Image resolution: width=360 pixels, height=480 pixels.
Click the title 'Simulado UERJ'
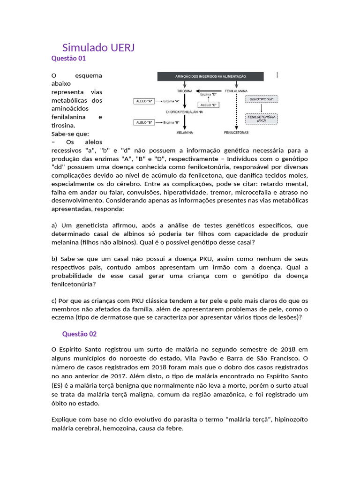coord(98,48)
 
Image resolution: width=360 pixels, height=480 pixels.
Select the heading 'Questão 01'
coord(68,59)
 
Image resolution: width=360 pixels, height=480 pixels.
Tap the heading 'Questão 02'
coord(79,334)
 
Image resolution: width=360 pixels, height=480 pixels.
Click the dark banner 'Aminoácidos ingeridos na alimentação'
coord(210,76)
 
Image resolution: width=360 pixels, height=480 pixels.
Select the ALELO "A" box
coord(144,101)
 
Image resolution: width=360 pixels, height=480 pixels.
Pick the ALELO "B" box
coord(144,122)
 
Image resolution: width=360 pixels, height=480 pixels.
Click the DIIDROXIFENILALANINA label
coord(185,112)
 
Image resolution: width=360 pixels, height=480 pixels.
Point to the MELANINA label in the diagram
coord(185,133)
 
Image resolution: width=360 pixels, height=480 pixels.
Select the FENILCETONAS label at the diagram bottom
coord(236,133)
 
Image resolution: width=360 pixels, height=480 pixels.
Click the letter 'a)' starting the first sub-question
coord(54,225)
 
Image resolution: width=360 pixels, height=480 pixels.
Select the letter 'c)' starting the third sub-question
coord(54,300)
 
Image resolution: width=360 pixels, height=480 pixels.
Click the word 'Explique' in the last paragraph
coord(64,419)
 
